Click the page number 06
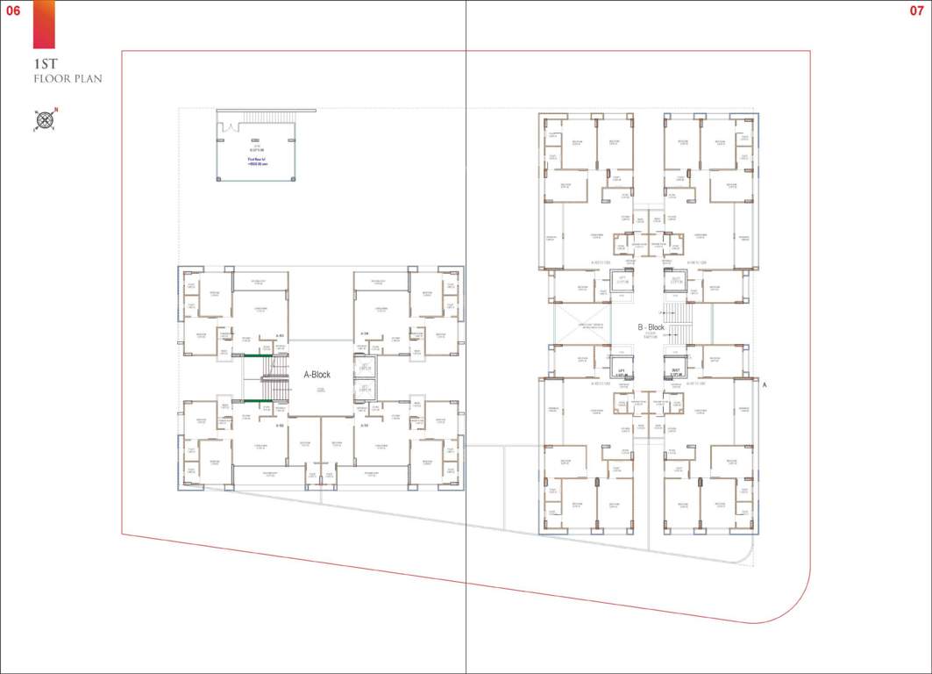(x=13, y=11)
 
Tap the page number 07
(x=917, y=11)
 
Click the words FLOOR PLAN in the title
(x=68, y=79)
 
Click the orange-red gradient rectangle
(x=44, y=25)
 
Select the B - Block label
(x=651, y=327)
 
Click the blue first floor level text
(x=255, y=161)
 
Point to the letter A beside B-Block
(x=764, y=385)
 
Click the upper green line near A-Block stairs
(x=256, y=355)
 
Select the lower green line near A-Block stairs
(x=256, y=401)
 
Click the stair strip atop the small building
(x=266, y=118)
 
